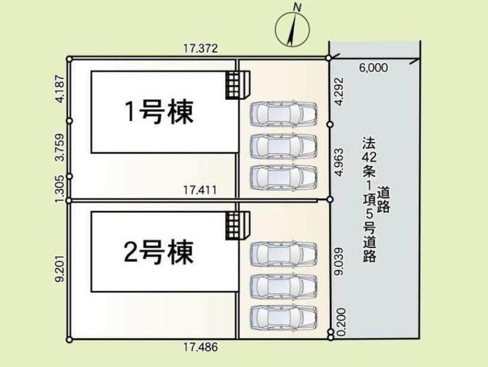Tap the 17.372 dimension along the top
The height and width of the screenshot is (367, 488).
tap(200, 48)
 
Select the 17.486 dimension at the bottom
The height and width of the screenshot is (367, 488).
tap(200, 347)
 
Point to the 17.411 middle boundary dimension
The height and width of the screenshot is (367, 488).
tap(199, 190)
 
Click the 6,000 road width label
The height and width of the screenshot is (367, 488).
tap(373, 67)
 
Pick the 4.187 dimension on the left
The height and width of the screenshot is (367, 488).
tap(60, 89)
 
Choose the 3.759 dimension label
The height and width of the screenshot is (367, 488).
tap(60, 147)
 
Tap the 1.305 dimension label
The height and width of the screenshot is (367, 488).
tap(60, 189)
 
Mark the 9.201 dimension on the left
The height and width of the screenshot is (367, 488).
tap(60, 268)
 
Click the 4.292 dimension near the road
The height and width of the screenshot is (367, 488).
tap(340, 91)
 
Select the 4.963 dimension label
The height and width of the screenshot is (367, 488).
tap(340, 162)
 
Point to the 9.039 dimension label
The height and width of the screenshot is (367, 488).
tap(340, 261)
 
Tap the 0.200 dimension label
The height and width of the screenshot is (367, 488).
tap(341, 322)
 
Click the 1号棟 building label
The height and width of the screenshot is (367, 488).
tap(159, 112)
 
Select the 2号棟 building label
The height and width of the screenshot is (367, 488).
tap(159, 252)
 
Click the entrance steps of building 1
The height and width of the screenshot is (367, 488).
tap(238, 85)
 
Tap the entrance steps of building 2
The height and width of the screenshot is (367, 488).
tap(238, 226)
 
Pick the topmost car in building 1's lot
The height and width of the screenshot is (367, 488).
tap(284, 114)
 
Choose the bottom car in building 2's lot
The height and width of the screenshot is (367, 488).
tap(284, 317)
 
